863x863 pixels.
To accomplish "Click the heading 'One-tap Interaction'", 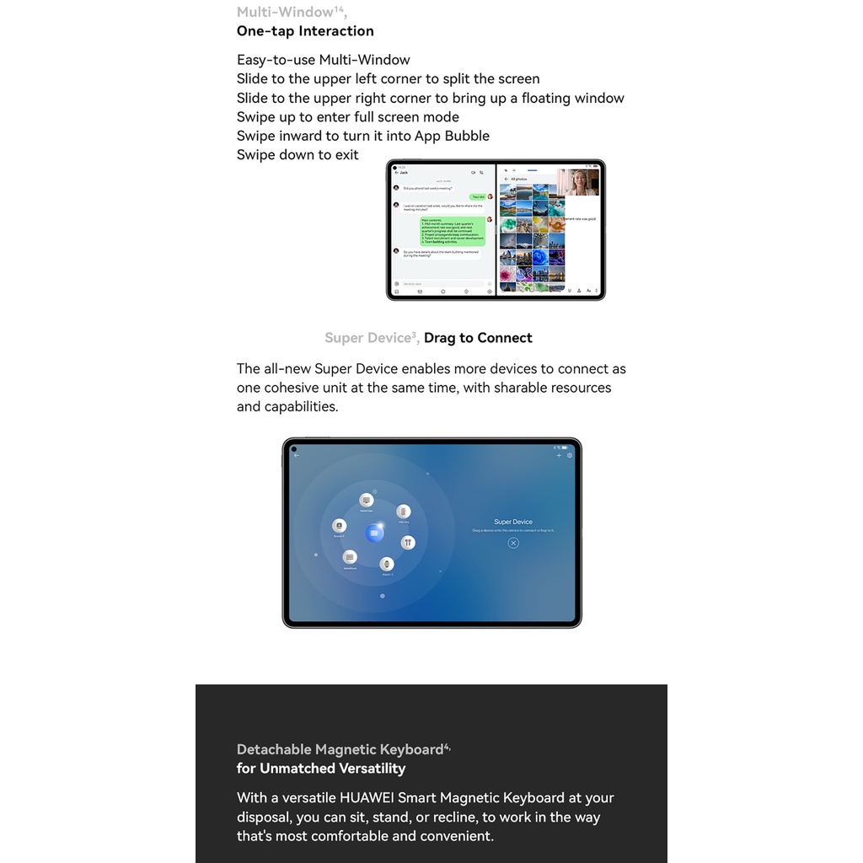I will (305, 31).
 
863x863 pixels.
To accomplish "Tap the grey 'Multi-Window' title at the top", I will (285, 12).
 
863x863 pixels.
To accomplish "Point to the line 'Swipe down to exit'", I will (297, 155).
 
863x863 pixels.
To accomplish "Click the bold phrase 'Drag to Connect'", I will (478, 338).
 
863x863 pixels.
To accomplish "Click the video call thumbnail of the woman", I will (582, 182).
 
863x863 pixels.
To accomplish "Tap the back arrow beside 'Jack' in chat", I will (396, 172).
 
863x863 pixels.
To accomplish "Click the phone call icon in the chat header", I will (481, 172).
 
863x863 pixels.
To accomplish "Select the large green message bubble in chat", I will (453, 231).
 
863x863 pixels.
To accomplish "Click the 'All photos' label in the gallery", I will (519, 179).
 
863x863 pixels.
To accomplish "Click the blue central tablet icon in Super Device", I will (374, 533).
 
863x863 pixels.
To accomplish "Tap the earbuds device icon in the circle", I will (408, 543).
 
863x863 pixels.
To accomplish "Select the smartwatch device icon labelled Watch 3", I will (387, 565).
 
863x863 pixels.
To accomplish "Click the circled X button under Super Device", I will (513, 544).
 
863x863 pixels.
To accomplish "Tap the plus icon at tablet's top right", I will (559, 455).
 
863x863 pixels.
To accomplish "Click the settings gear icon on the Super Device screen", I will (570, 455).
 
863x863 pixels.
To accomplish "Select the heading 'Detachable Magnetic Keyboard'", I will (340, 749).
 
